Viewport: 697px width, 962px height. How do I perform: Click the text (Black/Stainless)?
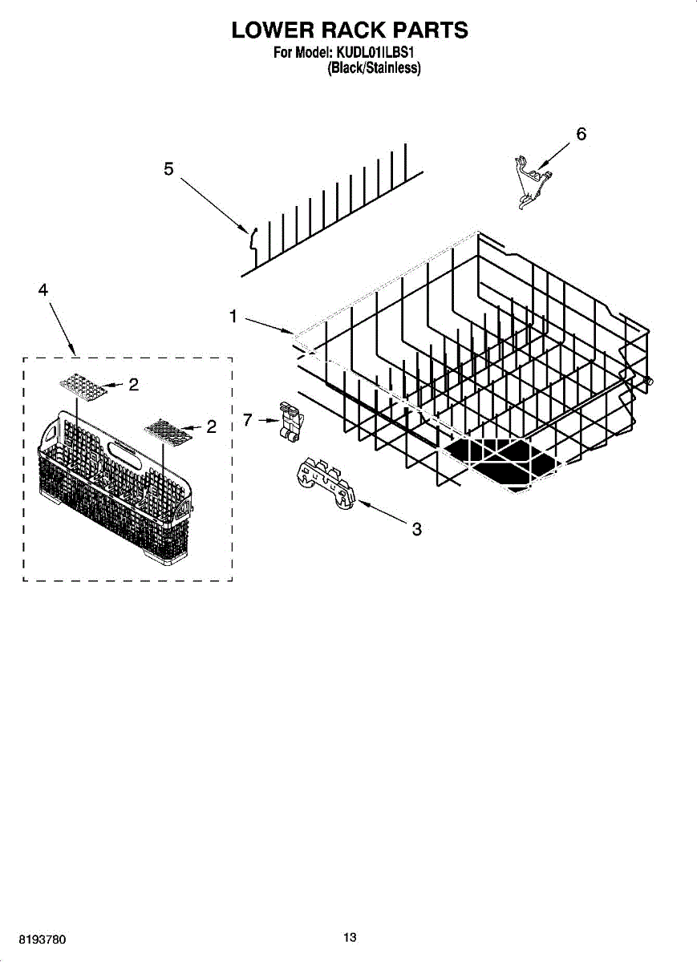(374, 69)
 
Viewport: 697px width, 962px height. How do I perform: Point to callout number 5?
(168, 169)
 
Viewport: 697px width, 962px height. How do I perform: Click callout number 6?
(582, 134)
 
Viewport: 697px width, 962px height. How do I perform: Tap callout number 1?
(233, 317)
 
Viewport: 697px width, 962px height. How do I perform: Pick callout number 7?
(248, 418)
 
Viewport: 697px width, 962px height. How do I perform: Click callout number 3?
(416, 529)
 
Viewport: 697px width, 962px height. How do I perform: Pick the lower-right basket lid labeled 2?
(168, 431)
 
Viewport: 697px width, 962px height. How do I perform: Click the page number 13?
(350, 938)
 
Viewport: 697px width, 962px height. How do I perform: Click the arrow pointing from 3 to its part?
(382, 514)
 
